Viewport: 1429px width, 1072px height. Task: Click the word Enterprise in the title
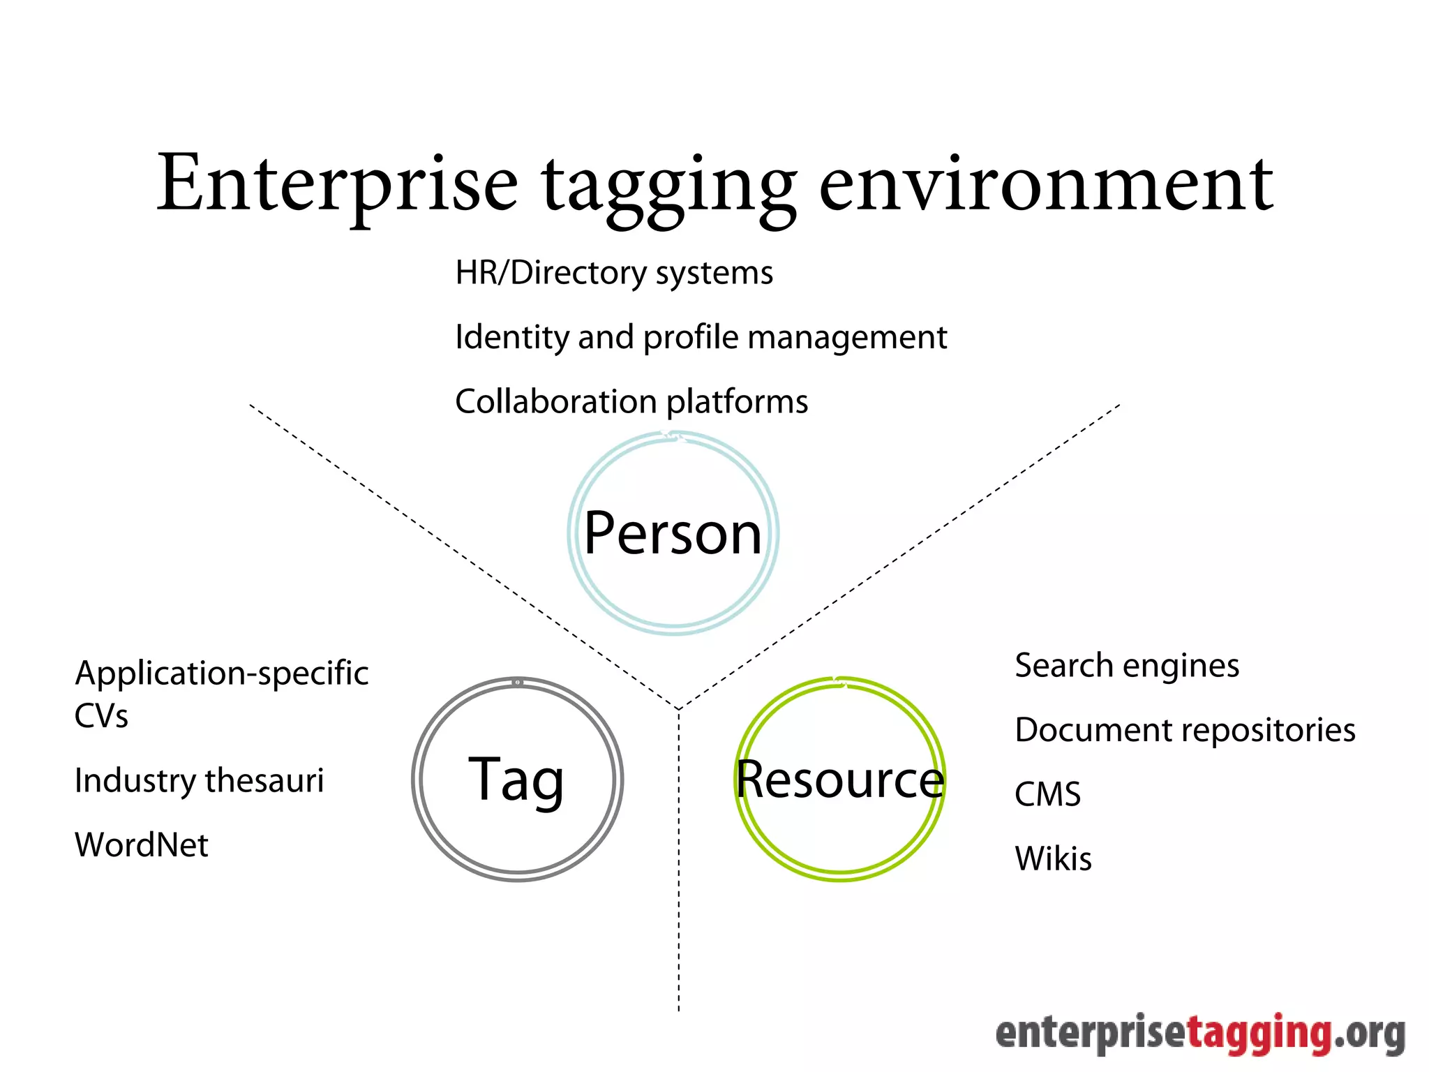(337, 183)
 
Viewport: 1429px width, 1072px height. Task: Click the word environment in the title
(1046, 183)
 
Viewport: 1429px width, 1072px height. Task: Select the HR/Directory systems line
(614, 273)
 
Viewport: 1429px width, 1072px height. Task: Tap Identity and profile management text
(701, 337)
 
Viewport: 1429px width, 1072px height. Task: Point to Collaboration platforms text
(631, 401)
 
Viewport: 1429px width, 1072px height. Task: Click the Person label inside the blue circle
(673, 533)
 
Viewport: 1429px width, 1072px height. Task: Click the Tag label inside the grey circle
(516, 780)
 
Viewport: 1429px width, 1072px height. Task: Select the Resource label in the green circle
(840, 780)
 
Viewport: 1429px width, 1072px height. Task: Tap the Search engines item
(1127, 666)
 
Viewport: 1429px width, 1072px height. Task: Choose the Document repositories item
(1185, 730)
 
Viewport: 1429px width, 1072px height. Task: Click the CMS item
(1047, 794)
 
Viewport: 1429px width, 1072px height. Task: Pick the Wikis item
(1053, 858)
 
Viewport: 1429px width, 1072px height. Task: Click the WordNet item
(142, 845)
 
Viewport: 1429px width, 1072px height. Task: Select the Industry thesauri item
(200, 780)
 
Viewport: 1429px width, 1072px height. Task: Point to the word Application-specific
(222, 673)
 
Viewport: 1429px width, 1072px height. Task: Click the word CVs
(102, 716)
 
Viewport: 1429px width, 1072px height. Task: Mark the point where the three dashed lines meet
(679, 709)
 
